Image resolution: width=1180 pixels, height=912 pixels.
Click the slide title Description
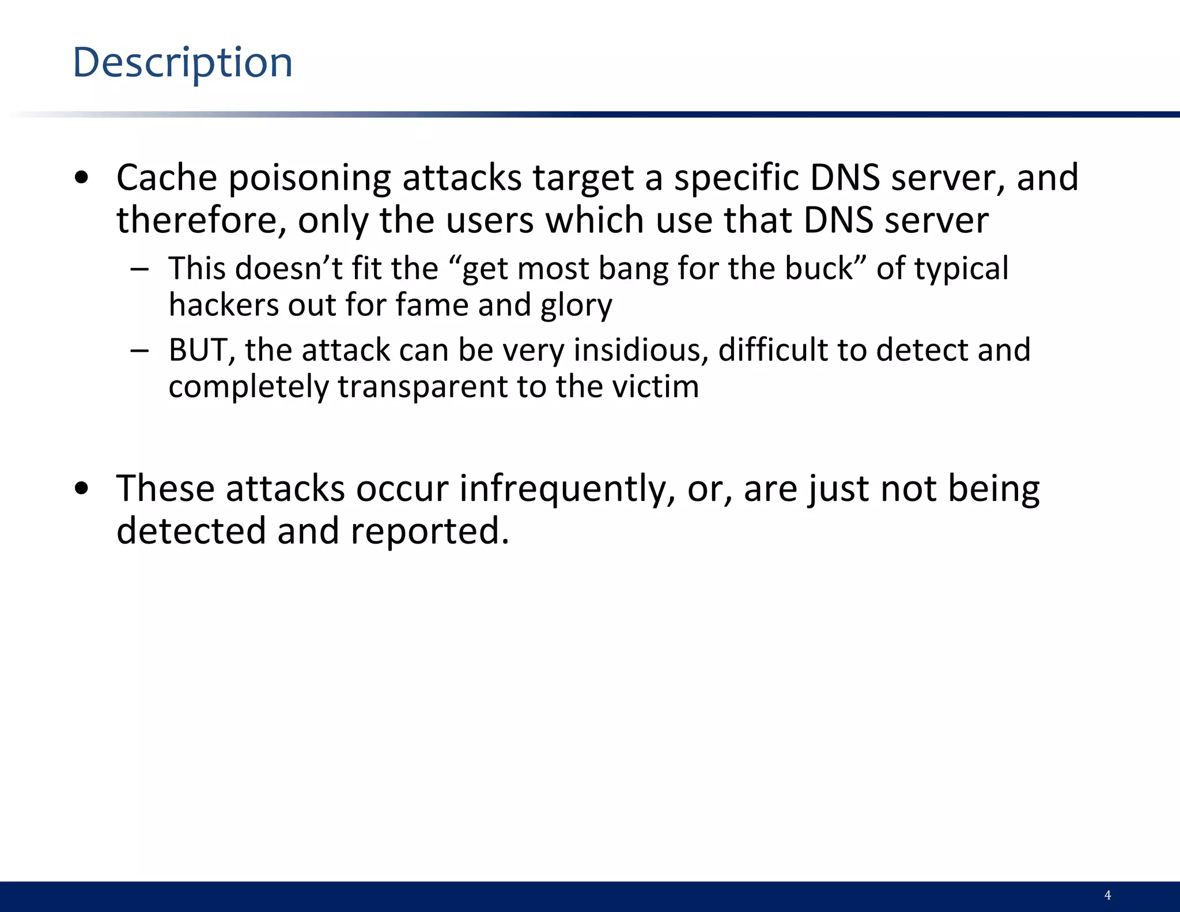[x=183, y=63]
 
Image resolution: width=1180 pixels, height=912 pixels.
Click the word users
[x=490, y=220]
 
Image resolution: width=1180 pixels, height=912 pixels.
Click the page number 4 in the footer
[x=1107, y=895]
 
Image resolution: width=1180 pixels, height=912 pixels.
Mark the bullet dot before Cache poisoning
[x=82, y=178]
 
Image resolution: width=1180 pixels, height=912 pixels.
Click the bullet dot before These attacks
[x=82, y=489]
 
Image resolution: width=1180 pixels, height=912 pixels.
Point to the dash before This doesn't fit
[x=139, y=269]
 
